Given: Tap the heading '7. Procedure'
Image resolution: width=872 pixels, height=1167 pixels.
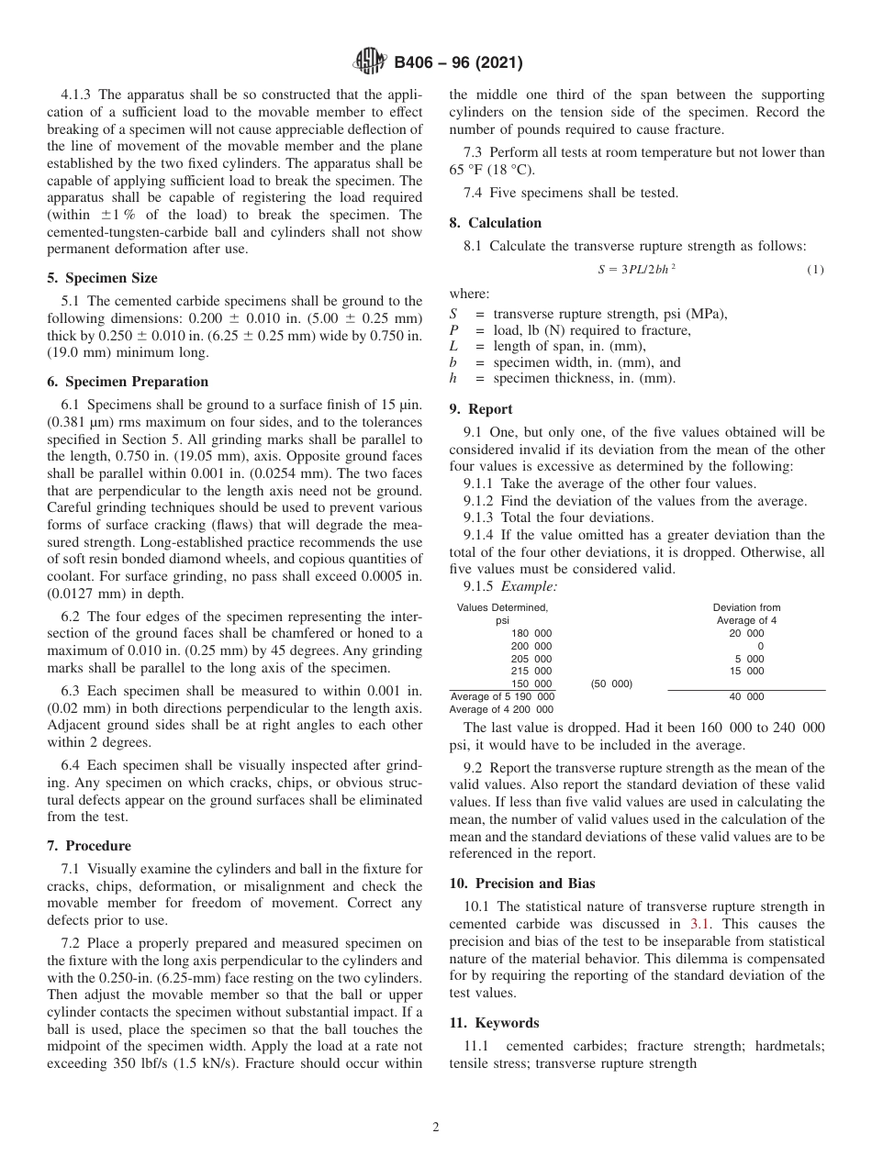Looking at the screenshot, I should pyautogui.click(x=88, y=846).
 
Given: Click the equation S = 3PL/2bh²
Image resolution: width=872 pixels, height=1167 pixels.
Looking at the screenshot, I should pyautogui.click(x=637, y=269).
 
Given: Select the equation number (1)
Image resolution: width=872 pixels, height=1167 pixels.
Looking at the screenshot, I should pyautogui.click(x=815, y=269).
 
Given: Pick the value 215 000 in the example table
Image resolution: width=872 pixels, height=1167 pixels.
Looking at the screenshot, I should pyautogui.click(x=531, y=672).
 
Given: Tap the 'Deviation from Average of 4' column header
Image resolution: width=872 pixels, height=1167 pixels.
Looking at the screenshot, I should pyautogui.click(x=746, y=614).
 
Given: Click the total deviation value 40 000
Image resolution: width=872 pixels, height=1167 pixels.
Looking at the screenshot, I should pyautogui.click(x=746, y=697).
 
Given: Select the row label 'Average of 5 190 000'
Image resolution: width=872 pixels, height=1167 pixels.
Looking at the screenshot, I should pyautogui.click(x=501, y=697).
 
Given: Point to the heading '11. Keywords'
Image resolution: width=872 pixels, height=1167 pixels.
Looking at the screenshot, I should pyautogui.click(x=493, y=1023).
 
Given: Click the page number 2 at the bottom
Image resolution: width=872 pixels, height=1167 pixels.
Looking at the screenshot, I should pyautogui.click(x=436, y=1128).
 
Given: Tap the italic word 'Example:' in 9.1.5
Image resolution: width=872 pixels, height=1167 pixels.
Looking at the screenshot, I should pyautogui.click(x=530, y=585).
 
